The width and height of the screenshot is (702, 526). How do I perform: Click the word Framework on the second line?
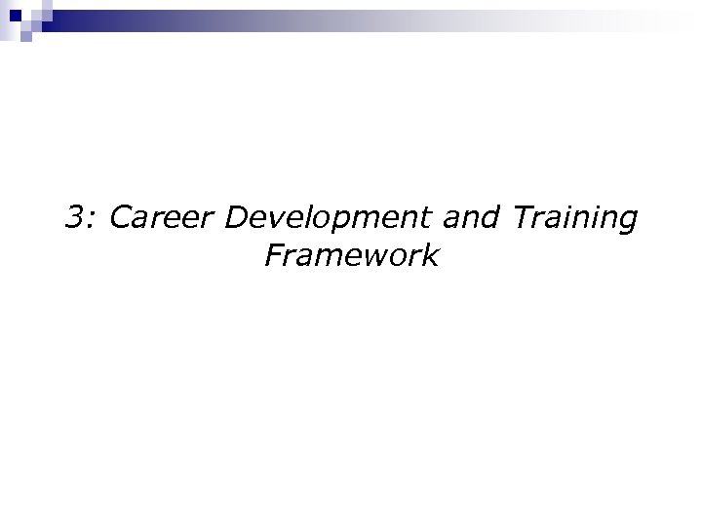click(351, 256)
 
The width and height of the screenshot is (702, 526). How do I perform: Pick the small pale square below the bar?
click(28, 38)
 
